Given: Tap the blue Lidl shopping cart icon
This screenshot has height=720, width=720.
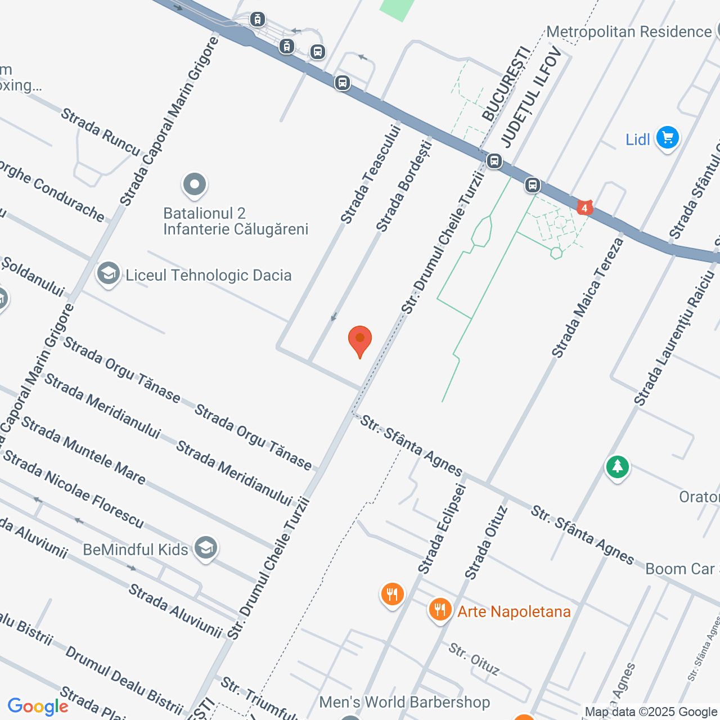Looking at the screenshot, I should click(x=668, y=137).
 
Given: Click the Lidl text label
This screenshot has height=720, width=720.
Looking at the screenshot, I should click(x=637, y=139).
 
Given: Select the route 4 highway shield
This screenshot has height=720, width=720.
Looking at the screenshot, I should click(x=585, y=208).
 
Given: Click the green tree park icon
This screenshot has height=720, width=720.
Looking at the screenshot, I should click(x=617, y=467).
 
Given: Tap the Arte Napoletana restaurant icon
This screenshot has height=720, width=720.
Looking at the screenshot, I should click(x=440, y=610).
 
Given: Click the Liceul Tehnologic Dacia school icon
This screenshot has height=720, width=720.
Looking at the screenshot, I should click(x=108, y=274).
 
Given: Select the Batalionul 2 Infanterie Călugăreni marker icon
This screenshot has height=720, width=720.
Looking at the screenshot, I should click(x=195, y=184).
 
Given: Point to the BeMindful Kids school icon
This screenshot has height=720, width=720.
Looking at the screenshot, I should click(x=206, y=548).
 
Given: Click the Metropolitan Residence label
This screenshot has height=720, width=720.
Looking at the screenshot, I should click(x=629, y=32).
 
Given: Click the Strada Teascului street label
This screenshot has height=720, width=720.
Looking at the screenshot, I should click(x=371, y=174).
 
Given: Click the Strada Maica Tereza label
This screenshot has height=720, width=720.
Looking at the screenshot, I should click(x=587, y=298).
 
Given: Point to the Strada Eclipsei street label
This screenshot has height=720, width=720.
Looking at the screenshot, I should click(x=442, y=529).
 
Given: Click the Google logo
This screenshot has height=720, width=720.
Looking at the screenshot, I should click(x=38, y=706).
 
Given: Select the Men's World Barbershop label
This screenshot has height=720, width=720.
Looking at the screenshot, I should click(x=404, y=702).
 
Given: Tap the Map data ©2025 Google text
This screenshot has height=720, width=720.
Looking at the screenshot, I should click(x=651, y=712).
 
